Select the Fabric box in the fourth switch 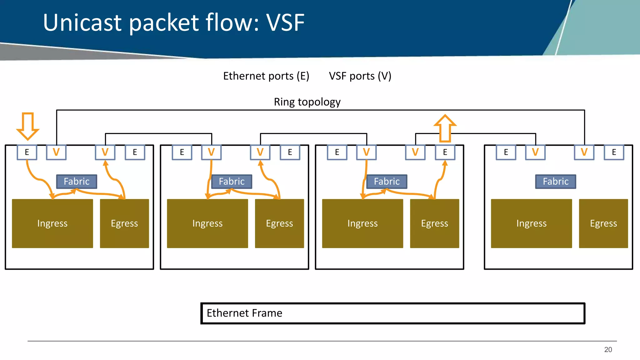click(555, 182)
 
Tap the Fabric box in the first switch click(77, 182)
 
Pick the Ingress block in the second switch click(207, 223)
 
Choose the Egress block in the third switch click(434, 223)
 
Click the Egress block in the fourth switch click(603, 223)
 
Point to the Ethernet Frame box click(392, 313)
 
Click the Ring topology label click(307, 102)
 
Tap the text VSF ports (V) click(360, 76)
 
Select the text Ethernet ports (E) click(266, 76)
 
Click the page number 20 click(608, 350)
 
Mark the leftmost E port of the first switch click(27, 152)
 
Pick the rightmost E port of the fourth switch click(614, 152)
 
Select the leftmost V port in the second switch click(211, 152)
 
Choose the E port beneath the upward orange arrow click(445, 152)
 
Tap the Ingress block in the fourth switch click(531, 223)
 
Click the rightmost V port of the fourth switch click(584, 152)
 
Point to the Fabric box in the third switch click(387, 182)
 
